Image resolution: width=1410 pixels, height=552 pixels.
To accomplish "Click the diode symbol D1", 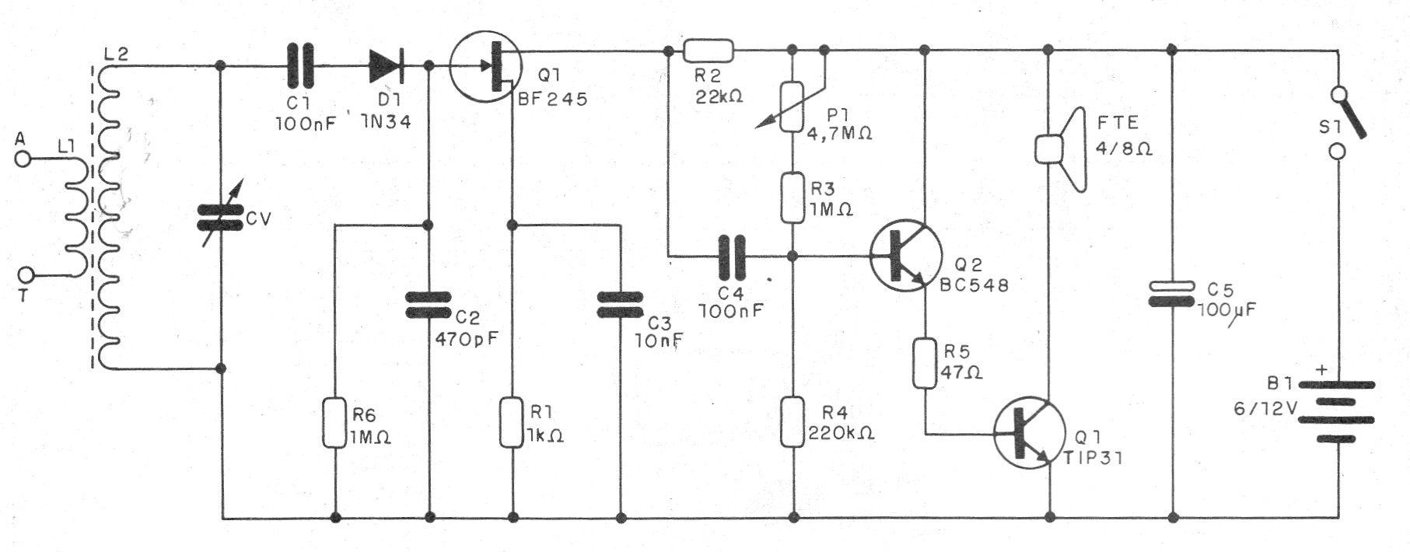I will (x=387, y=66).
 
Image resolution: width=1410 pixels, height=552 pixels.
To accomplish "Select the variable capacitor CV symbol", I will (x=220, y=218).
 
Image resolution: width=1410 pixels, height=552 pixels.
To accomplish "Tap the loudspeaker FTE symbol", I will (x=1058, y=148).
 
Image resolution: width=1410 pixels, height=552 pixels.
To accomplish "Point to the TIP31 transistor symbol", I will (x=1029, y=433).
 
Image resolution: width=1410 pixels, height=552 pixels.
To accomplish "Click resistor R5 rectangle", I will (x=925, y=362).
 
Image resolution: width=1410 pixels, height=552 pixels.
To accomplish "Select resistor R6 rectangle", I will (x=335, y=422).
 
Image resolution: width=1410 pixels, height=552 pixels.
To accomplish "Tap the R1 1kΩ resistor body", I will (x=511, y=422).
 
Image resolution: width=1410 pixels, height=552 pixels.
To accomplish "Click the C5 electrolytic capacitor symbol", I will (x=1172, y=295).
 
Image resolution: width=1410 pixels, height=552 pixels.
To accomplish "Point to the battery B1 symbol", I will (x=1336, y=411).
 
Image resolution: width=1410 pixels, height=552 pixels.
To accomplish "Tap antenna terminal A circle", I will (x=23, y=159).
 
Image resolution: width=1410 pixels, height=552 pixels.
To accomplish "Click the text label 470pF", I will (x=466, y=339).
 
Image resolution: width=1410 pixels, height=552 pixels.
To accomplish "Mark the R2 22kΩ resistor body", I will (x=708, y=51).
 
